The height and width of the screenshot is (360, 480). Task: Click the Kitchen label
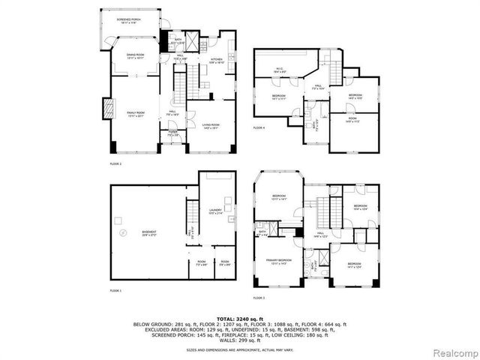click(216, 60)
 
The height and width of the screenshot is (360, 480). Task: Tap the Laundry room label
click(216, 212)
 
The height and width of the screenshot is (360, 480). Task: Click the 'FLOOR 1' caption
click(115, 290)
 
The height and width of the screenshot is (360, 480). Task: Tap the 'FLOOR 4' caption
click(259, 128)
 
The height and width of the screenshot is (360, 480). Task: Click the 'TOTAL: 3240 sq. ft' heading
click(239, 319)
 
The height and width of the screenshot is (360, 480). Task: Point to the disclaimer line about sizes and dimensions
click(239, 349)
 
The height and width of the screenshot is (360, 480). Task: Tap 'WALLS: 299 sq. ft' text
click(239, 340)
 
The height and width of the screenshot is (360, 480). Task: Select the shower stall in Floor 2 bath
click(192, 40)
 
